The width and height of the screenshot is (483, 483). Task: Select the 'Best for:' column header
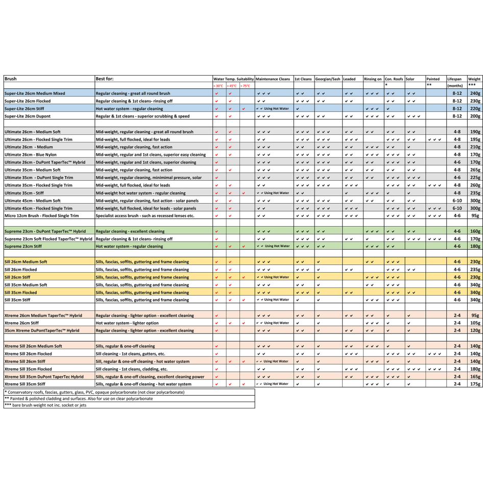[105, 79]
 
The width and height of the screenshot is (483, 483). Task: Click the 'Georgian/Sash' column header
[328, 79]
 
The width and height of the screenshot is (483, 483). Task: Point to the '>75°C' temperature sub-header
[246, 86]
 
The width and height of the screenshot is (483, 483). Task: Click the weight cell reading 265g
[475, 170]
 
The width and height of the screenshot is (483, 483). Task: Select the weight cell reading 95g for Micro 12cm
[475, 216]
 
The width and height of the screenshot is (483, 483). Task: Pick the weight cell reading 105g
[475, 323]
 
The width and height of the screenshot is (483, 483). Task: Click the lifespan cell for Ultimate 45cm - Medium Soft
[456, 201]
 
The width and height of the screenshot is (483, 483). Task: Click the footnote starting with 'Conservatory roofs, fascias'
[94, 392]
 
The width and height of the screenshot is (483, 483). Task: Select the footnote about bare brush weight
[46, 405]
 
